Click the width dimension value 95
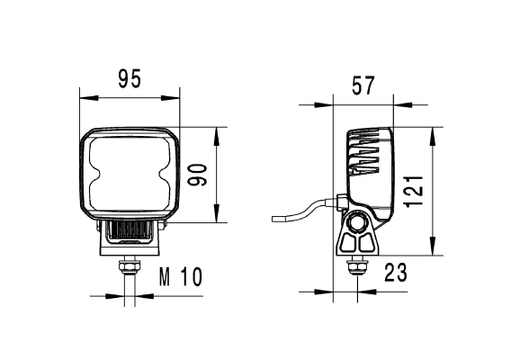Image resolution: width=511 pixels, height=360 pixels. pyautogui.click(x=130, y=79)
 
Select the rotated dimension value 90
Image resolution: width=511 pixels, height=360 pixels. pyautogui.click(x=199, y=175)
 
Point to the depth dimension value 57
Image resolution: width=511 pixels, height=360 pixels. pyautogui.click(x=363, y=86)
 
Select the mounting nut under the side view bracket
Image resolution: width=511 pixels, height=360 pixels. pyautogui.click(x=358, y=266)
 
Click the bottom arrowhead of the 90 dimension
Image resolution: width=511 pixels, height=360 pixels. pyautogui.click(x=216, y=220)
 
